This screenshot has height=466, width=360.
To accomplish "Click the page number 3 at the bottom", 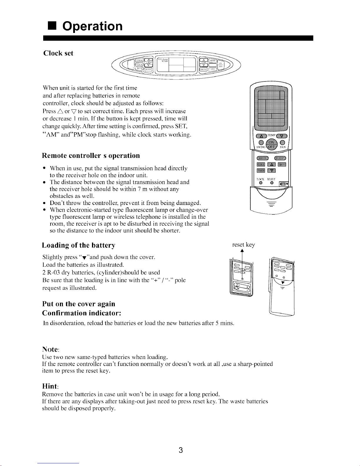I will coord(181,450).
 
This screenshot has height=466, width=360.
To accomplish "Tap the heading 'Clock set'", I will coord(58,53).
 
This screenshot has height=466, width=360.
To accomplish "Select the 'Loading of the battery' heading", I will coord(78,245).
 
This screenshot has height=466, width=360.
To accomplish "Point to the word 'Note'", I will coord(50,349).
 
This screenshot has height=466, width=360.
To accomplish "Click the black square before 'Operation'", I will coord(52,26).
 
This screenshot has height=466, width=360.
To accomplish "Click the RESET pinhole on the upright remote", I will coord(272,183).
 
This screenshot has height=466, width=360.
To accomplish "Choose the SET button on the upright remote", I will coord(282,164).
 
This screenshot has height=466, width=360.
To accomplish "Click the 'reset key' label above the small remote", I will coord(243,245).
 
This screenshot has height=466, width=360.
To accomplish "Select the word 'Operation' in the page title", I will coord(93,26).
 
